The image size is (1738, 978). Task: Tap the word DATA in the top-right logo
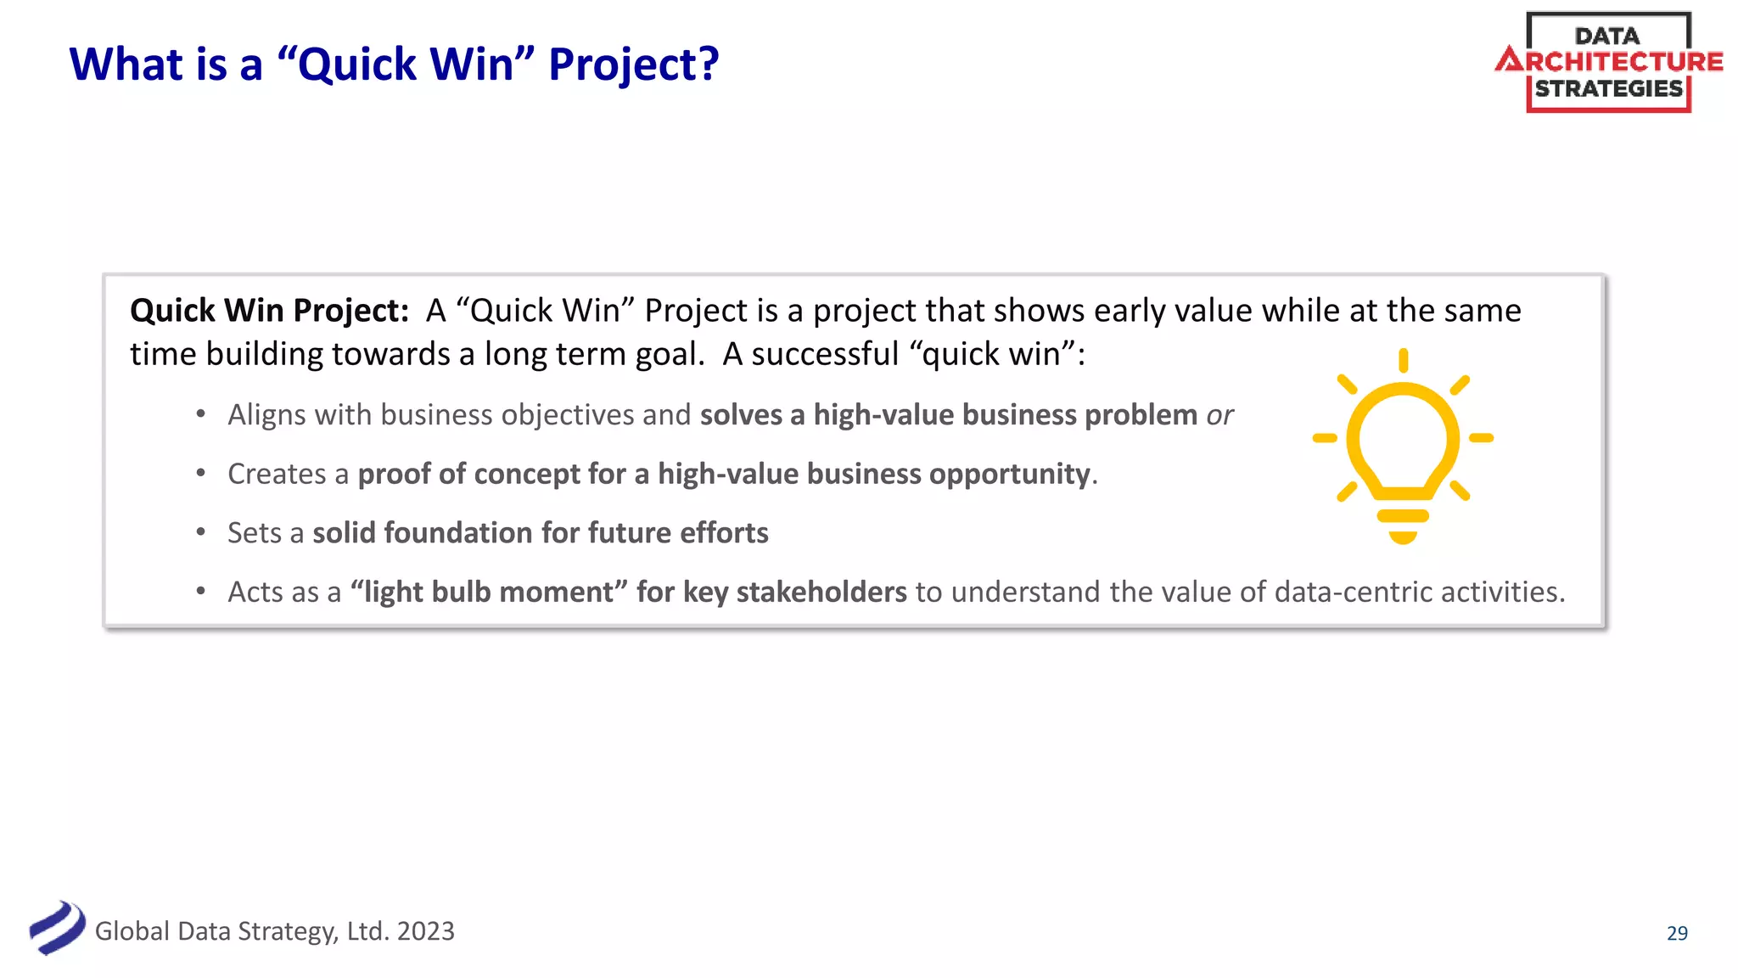(x=1606, y=36)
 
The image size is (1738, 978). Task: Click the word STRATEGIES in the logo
(x=1608, y=88)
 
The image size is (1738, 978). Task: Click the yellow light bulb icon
(x=1403, y=450)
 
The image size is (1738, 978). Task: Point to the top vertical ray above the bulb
(x=1403, y=360)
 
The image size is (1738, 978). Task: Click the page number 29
(x=1677, y=933)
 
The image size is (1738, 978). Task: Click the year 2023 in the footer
(x=425, y=931)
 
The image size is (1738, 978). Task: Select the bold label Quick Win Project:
(x=269, y=311)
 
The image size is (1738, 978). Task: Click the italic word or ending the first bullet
(x=1219, y=415)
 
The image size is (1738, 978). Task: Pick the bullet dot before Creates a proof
(x=201, y=473)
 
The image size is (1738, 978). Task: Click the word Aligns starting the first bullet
(x=266, y=415)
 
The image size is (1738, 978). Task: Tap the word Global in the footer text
(x=132, y=931)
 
